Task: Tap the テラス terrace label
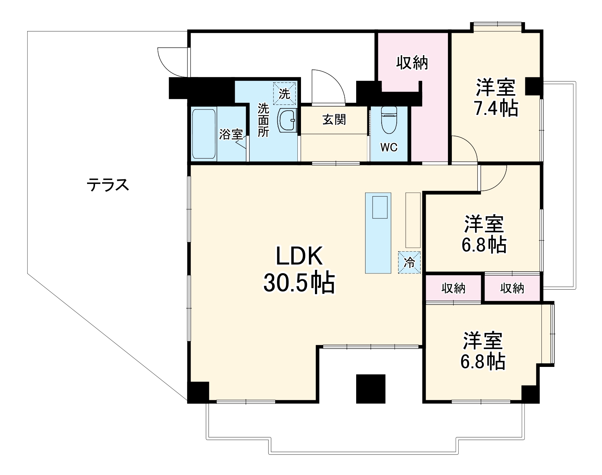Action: (x=108, y=185)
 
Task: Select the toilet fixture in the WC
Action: (x=388, y=120)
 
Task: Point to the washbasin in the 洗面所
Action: (x=288, y=120)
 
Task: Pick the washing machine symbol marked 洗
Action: (x=285, y=93)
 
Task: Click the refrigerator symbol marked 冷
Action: (x=409, y=262)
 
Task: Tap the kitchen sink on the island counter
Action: (x=380, y=207)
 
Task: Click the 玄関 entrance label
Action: (x=334, y=120)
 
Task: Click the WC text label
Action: (x=389, y=147)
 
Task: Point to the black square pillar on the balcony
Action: (x=371, y=389)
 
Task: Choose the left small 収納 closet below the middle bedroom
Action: (x=453, y=288)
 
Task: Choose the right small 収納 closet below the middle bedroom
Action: (x=512, y=288)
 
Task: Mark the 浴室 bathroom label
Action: (x=231, y=135)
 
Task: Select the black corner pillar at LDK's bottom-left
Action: (x=198, y=392)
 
